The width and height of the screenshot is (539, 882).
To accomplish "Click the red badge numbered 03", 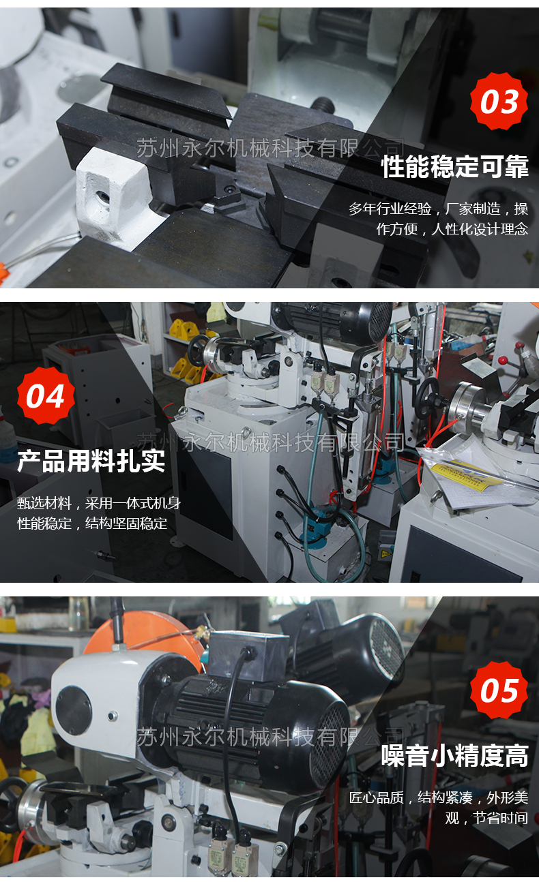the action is (499, 101).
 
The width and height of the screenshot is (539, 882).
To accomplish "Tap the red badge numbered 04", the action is (46, 396).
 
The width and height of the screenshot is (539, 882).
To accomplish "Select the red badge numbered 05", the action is (499, 690).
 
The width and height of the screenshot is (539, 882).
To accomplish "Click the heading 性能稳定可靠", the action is (455, 166).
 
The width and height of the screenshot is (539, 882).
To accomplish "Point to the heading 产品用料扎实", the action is (91, 461).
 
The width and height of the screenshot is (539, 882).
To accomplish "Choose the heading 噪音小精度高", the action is (455, 756).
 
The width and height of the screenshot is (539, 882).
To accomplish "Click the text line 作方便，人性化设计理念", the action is (452, 229).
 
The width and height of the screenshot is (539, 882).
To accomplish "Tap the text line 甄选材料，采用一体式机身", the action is (99, 503).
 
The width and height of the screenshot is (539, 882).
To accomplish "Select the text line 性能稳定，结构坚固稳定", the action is (92, 523).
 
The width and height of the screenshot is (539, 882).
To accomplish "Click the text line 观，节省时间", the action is (486, 818).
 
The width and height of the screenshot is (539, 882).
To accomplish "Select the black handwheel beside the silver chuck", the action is (428, 397).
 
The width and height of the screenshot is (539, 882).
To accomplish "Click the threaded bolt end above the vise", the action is (324, 105).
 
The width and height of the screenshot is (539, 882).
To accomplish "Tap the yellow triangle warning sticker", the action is (385, 554).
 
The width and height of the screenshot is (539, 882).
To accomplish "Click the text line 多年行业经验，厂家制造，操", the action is (439, 209).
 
